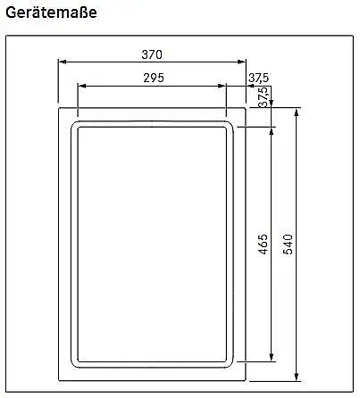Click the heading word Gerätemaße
[x=51, y=13]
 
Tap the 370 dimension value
[x=152, y=54]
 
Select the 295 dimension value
[x=154, y=78]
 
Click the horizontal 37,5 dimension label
[x=258, y=78]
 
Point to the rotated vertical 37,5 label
[x=264, y=97]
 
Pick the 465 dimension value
[x=263, y=245]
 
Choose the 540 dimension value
[x=288, y=245]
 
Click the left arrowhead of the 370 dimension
[x=62, y=62]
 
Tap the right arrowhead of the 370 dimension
[x=242, y=62]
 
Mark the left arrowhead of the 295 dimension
[x=81, y=86]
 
